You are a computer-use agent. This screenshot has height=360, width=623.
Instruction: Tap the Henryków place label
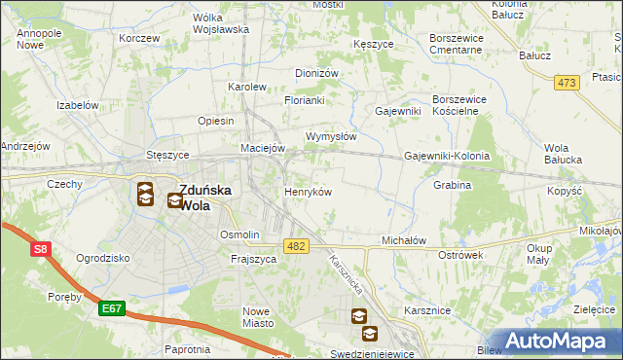(308, 192)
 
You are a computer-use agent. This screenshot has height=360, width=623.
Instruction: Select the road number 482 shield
(296, 247)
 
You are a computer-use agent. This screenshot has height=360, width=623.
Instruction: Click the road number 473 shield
(568, 83)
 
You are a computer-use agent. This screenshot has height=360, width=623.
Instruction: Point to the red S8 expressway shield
(40, 250)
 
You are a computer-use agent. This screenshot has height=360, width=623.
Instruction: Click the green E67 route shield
(111, 308)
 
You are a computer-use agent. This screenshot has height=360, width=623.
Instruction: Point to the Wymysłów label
(331, 136)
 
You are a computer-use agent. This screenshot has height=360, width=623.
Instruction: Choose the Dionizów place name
(316, 73)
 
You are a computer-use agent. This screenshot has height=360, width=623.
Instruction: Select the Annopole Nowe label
(40, 39)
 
